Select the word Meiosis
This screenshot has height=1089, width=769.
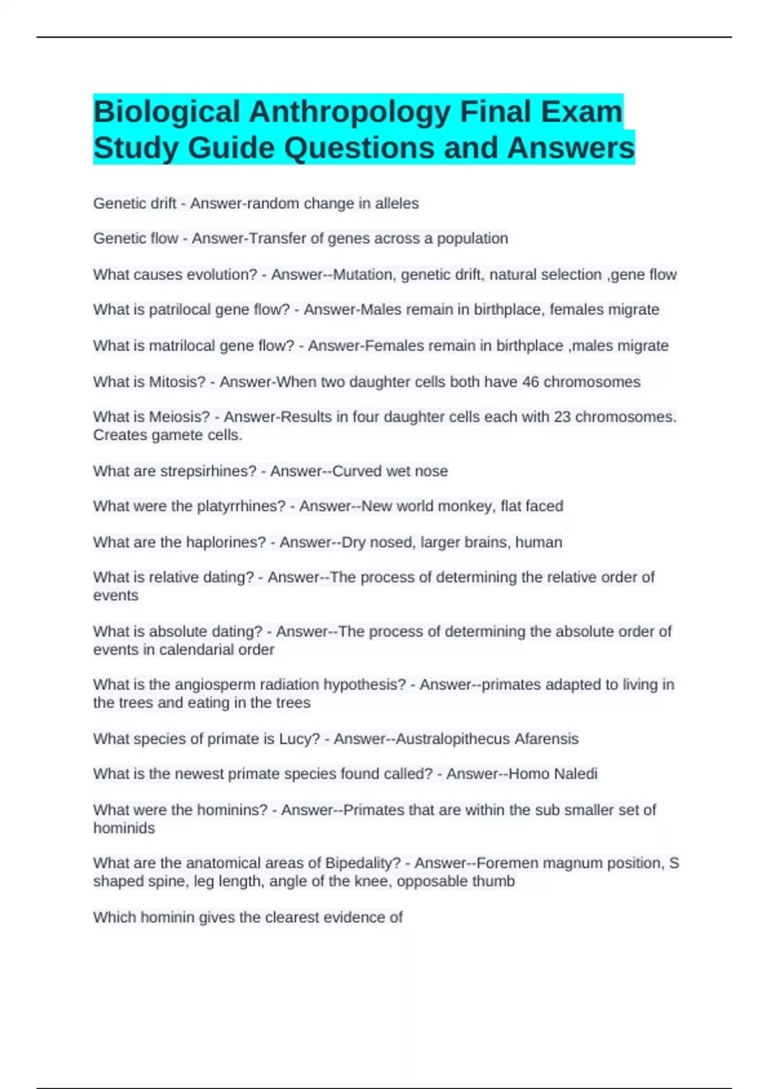pyautogui.click(x=179, y=417)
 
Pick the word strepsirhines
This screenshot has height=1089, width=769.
pyautogui.click(x=208, y=471)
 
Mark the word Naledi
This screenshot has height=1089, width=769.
pyautogui.click(x=575, y=774)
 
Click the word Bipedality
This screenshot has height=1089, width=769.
pyautogui.click(x=363, y=864)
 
